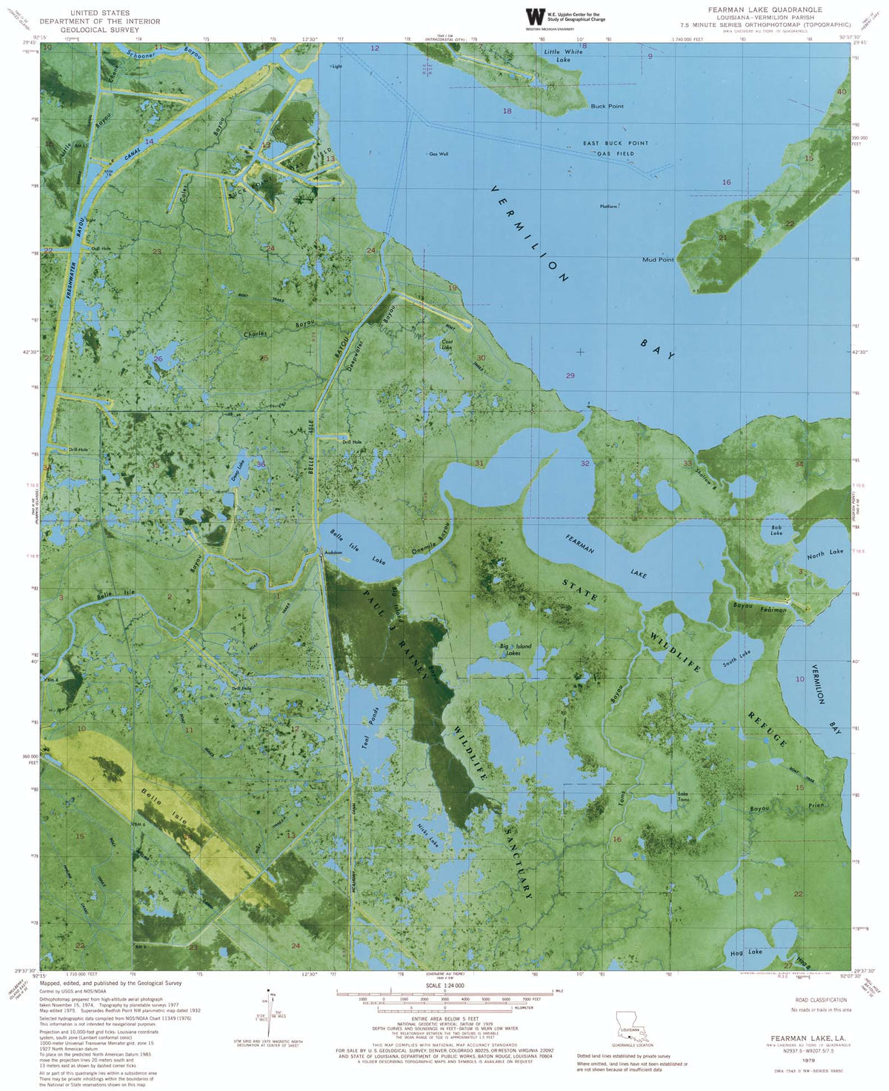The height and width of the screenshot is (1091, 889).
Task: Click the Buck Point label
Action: [607, 106]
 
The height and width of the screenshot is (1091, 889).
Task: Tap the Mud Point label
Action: [658, 260]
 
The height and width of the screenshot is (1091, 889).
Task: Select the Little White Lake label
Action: [563, 56]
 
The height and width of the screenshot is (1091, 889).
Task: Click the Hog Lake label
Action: [746, 952]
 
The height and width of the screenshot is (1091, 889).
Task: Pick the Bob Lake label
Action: [776, 530]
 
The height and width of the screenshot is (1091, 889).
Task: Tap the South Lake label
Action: [736, 658]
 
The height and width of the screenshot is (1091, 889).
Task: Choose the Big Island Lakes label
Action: [516, 650]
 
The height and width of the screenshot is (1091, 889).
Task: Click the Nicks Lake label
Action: [428, 835]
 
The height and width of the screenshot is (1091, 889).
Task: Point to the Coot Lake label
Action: [446, 344]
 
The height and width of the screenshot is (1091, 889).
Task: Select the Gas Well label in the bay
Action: [439, 154]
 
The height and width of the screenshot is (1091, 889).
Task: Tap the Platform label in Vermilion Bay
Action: [609, 207]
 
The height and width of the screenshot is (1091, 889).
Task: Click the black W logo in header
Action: [533, 16]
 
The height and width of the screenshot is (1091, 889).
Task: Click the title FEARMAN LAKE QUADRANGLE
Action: [765, 10]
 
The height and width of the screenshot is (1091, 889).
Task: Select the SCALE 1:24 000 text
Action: [444, 986]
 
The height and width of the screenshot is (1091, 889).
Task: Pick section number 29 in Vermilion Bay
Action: [570, 376]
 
